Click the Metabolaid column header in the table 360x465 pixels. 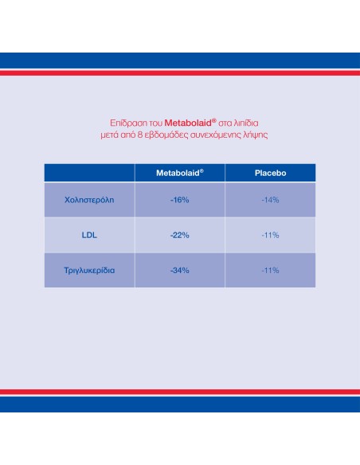click(180, 173)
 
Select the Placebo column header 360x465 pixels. click(270, 173)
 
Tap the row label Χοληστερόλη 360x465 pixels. click(89, 200)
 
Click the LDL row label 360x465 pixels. click(89, 235)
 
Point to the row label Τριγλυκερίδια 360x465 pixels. click(89, 271)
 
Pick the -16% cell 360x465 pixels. click(180, 200)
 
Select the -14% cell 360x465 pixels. click(270, 200)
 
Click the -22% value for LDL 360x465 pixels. click(180, 235)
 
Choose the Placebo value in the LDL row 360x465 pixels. click(270, 235)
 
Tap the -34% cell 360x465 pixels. click(180, 271)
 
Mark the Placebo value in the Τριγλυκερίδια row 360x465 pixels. click(270, 271)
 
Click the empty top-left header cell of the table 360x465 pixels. click(89, 173)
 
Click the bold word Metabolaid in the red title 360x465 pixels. click(188, 123)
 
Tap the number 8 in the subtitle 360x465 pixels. click(140, 135)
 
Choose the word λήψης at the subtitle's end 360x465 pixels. click(256, 135)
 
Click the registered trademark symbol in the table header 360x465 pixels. click(202, 170)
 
